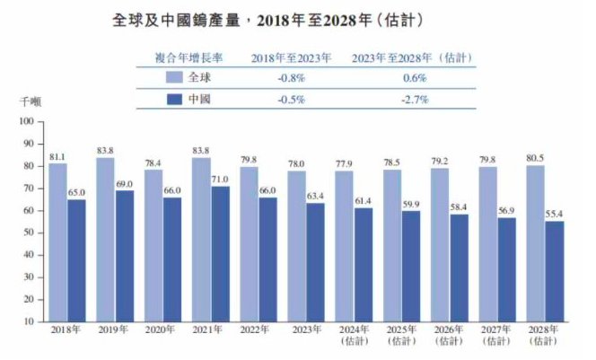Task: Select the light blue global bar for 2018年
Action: click(x=58, y=242)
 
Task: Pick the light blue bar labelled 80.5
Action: click(x=536, y=242)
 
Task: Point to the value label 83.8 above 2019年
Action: click(x=106, y=150)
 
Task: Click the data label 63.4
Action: click(x=316, y=195)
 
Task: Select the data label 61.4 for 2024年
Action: click(x=364, y=199)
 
